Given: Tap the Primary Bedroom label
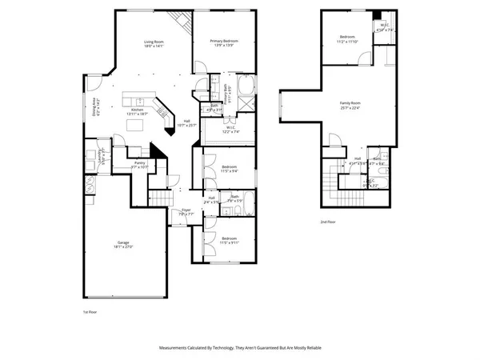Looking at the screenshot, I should (225, 43).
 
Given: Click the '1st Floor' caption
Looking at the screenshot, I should (91, 311).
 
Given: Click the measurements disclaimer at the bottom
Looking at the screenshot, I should (240, 348).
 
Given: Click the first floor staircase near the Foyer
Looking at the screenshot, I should (162, 197).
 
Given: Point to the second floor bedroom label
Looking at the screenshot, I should (346, 38).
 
